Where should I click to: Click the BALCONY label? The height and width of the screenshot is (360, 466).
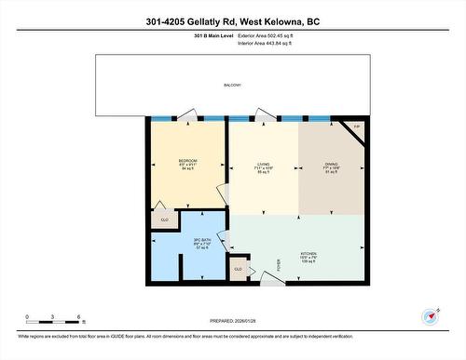click(232, 86)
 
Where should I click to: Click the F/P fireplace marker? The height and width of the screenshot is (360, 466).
click(354, 127)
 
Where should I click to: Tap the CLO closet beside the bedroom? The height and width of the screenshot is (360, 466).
click(165, 220)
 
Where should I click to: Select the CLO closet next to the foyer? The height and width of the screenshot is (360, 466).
click(239, 269)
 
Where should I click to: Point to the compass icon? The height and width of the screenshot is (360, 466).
click(430, 316)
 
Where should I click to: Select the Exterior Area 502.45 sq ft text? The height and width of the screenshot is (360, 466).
click(278, 35)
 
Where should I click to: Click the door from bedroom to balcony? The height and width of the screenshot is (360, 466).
click(188, 116)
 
